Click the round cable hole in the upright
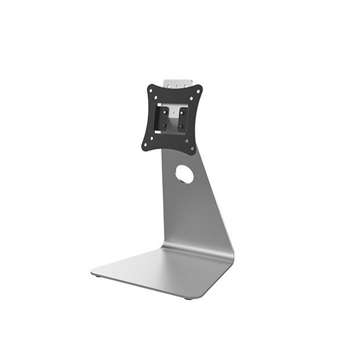coord(184,174)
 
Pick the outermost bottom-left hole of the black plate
coord(145,145)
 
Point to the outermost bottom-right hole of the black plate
coord(193,148)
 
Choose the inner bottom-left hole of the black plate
coord(151,138)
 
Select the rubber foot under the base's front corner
coord(189,298)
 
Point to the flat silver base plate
coord(162,270)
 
